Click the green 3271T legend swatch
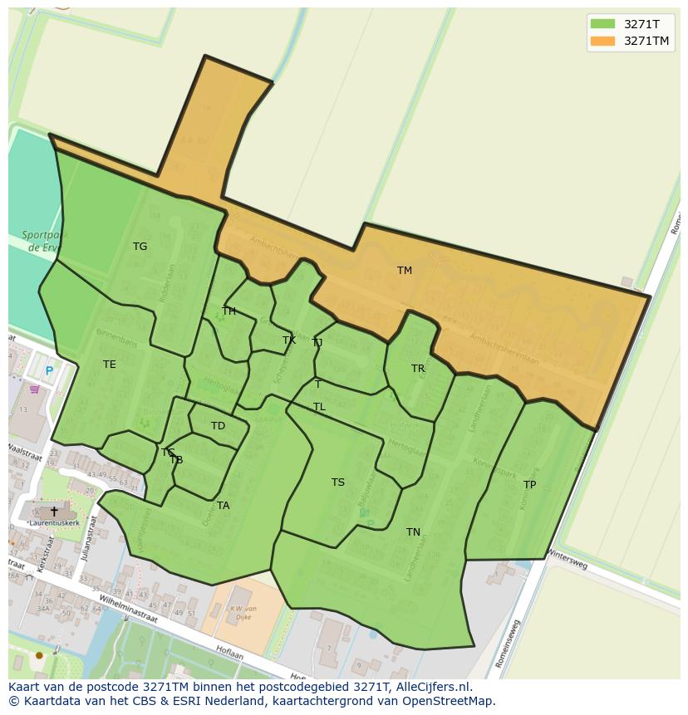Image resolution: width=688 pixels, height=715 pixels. [x=602, y=24]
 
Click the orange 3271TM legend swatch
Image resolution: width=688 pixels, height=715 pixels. [x=602, y=41]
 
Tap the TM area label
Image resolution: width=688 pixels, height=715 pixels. [x=405, y=271]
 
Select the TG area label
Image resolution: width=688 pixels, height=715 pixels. [x=140, y=247]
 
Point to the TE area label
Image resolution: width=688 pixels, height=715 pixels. [x=110, y=365]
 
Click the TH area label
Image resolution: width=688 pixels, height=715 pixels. [x=229, y=311]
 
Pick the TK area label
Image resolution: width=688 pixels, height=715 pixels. [x=289, y=340]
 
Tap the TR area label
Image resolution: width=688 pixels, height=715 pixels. [x=418, y=369]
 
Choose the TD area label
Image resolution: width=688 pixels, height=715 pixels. [x=218, y=426]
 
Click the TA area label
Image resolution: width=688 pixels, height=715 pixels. [x=223, y=506]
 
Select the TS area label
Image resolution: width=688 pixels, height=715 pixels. [x=337, y=482]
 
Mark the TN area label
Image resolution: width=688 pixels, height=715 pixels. [x=413, y=532]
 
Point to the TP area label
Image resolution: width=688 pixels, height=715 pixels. [x=529, y=485]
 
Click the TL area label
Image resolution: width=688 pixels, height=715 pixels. [x=319, y=407]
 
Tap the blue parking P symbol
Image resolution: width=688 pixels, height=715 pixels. [x=49, y=371]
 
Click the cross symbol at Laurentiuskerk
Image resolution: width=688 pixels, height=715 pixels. [x=54, y=512]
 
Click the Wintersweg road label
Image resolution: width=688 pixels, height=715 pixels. [x=567, y=561]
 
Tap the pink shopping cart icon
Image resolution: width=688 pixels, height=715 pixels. [x=34, y=389]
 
